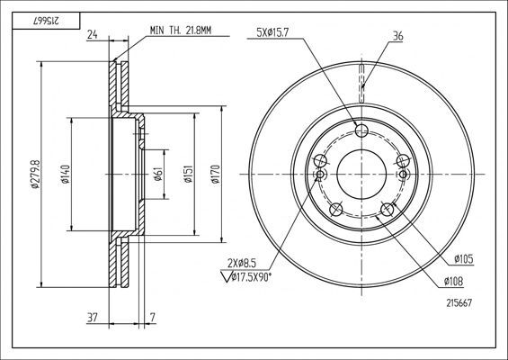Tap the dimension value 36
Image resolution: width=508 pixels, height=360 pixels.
point(398,37)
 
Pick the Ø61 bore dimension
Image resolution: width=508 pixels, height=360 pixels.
point(157,174)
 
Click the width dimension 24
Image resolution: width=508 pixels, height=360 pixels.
point(93,37)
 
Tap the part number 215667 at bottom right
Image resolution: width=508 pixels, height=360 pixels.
point(459,303)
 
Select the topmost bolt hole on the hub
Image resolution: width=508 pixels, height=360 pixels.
point(363,130)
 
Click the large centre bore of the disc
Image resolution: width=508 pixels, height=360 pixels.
point(363,175)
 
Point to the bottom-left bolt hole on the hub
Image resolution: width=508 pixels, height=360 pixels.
point(336,210)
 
